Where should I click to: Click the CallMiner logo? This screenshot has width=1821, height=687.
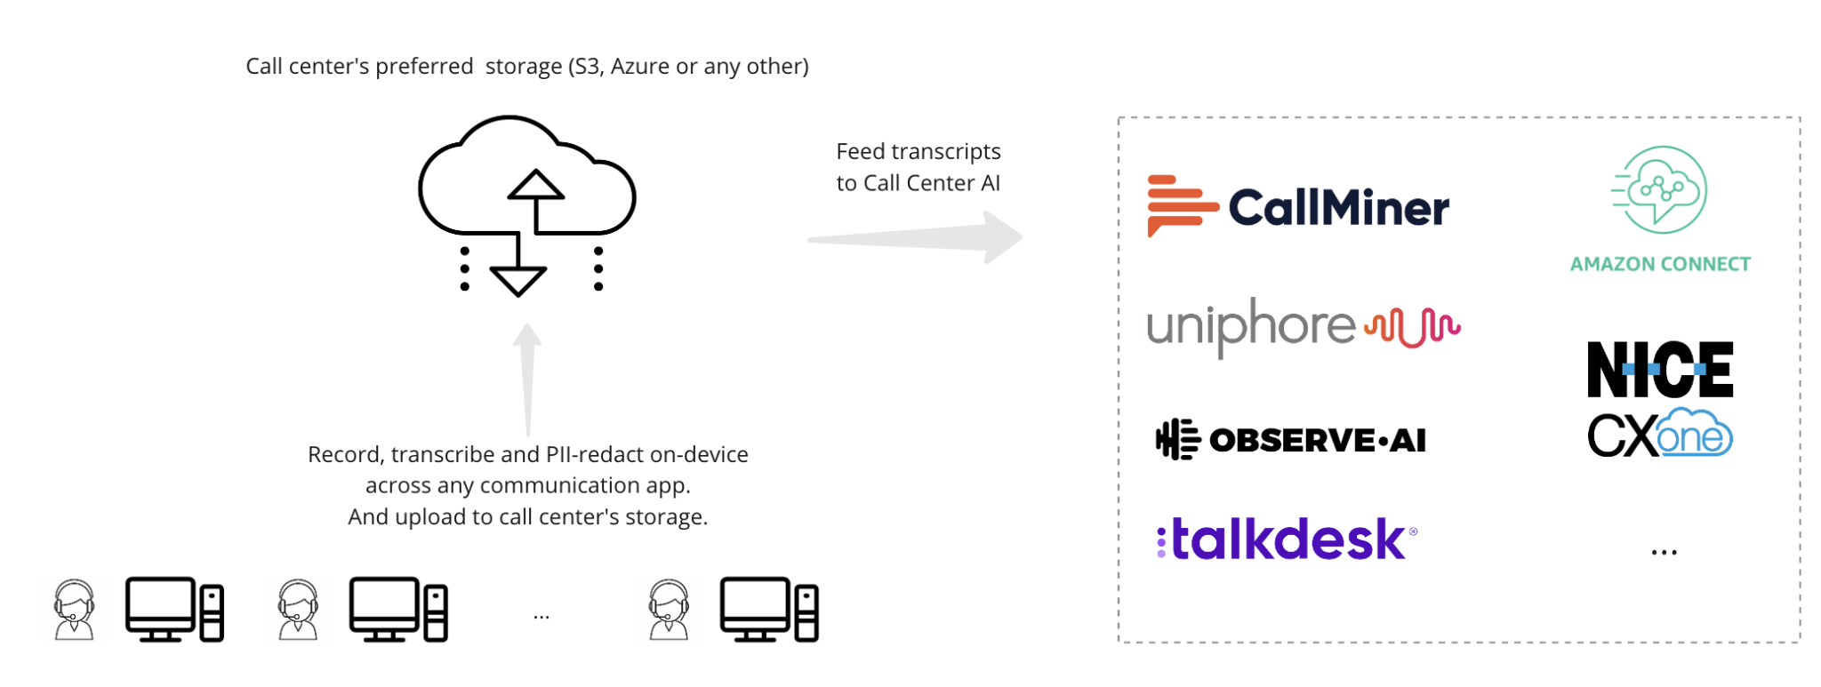[1298, 206]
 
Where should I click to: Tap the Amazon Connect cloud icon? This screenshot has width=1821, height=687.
[1659, 189]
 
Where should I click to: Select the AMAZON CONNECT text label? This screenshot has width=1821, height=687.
[1659, 264]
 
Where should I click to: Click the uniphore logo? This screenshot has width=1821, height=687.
[1303, 326]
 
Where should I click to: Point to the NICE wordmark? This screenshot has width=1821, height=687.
[1659, 369]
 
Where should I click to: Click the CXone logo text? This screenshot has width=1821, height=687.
[1659, 435]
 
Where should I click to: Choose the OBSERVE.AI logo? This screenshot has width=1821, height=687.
[1290, 440]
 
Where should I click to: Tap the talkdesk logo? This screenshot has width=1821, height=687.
[1286, 539]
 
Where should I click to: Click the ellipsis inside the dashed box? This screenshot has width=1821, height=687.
[1664, 553]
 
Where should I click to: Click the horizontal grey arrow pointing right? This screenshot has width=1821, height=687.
[916, 238]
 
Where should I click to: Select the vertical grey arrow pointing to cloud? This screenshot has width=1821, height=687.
[528, 380]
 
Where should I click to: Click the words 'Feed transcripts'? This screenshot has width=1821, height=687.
[918, 152]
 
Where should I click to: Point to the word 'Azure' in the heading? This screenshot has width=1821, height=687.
[639, 67]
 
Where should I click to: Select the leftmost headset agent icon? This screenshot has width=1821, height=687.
[74, 610]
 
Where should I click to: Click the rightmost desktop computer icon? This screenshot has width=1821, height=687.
[769, 610]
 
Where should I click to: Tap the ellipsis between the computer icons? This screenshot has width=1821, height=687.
[541, 616]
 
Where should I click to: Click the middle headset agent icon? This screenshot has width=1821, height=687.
[298, 610]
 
